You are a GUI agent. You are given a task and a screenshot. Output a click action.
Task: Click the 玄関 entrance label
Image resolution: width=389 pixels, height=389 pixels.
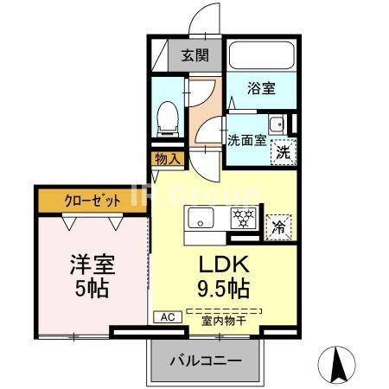tap(194, 56)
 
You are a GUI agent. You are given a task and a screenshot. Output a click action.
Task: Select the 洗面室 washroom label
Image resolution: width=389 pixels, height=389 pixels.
tap(246, 139)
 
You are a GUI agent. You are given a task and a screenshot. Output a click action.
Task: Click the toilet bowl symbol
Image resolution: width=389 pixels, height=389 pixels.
tap(169, 115)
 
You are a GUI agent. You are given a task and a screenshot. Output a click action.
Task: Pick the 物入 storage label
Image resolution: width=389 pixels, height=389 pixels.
tap(166, 159)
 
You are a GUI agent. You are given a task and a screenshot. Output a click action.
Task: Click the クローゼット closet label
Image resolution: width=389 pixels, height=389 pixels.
tap(92, 200)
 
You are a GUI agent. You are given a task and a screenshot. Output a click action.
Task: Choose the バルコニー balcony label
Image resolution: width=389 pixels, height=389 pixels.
tap(204, 360)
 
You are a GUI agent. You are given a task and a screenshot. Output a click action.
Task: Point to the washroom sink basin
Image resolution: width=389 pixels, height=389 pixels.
tap(277, 124)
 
